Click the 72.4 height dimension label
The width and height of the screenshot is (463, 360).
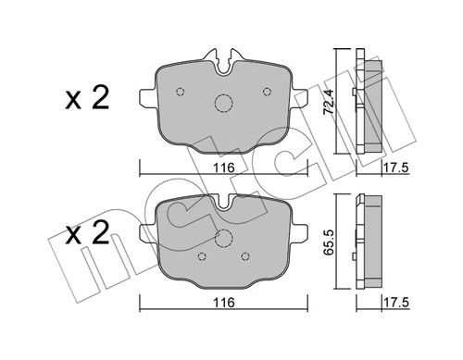(329, 102)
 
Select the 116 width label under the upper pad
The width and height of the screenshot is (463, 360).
(224, 168)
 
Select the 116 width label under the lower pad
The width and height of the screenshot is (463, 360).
(224, 303)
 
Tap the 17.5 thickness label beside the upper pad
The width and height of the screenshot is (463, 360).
(396, 168)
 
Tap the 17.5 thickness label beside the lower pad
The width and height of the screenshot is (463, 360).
(396, 303)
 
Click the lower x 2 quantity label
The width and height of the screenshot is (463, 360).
(87, 232)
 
